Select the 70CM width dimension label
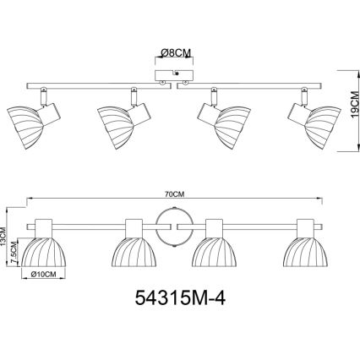pos(175,194)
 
